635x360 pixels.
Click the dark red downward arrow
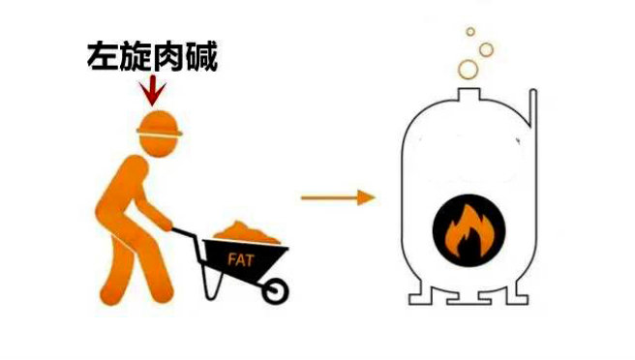tap(150, 91)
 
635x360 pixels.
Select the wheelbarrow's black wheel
tap(275, 289)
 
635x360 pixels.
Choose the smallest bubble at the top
tap(470, 31)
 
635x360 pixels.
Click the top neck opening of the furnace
tap(465, 92)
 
